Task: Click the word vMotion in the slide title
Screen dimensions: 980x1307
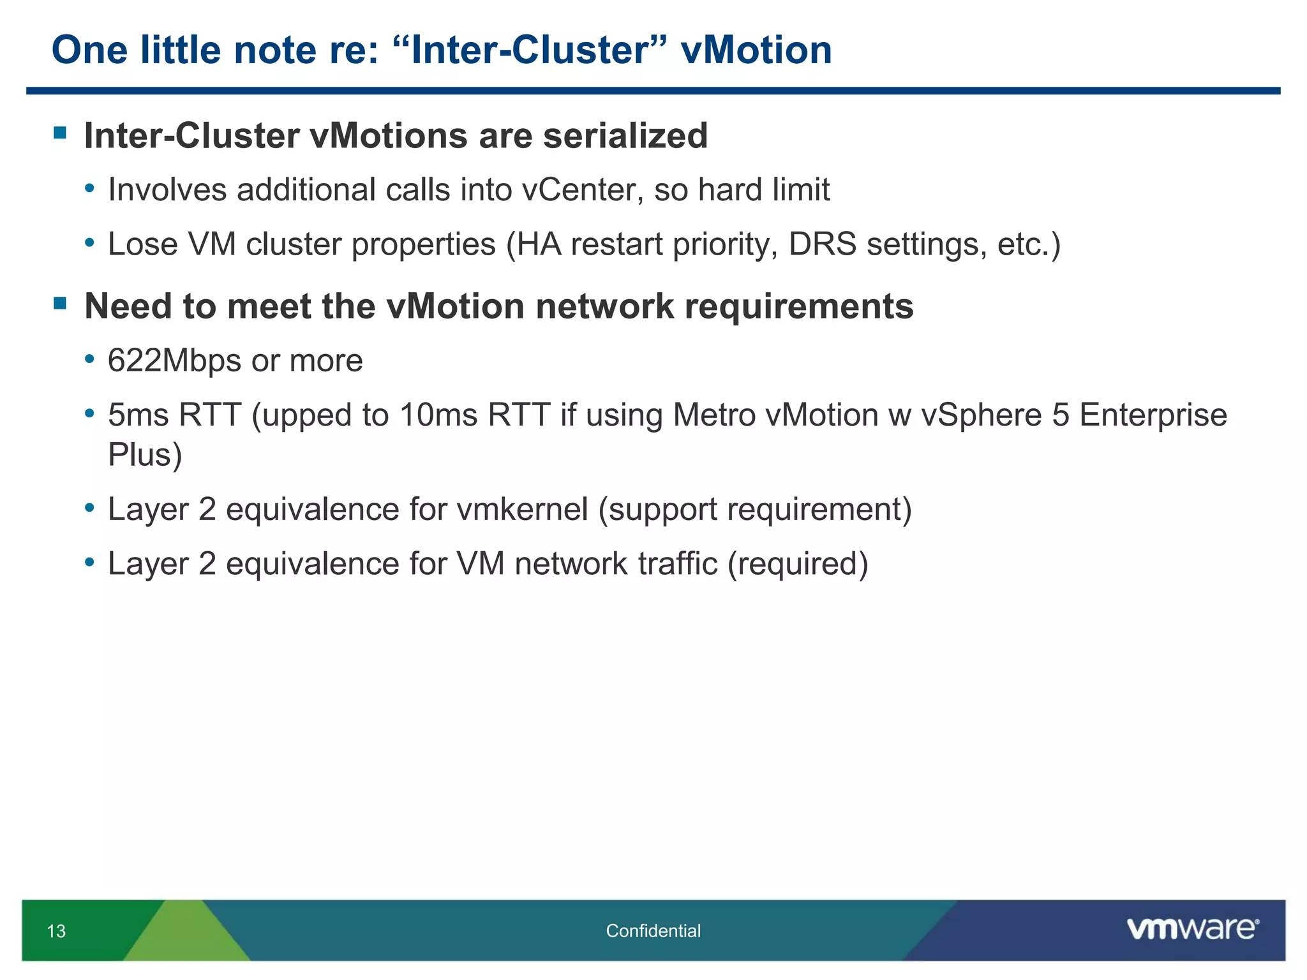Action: (x=756, y=50)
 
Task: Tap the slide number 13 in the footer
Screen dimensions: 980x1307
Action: (x=56, y=931)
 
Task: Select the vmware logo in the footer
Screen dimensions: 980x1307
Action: (x=1192, y=929)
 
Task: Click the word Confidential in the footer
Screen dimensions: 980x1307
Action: (x=653, y=931)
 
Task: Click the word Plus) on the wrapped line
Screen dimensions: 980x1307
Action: (x=145, y=456)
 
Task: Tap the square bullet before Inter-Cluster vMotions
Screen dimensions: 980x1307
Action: (x=61, y=133)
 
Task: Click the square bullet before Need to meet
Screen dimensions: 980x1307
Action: (x=61, y=303)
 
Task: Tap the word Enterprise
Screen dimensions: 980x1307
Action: (x=1153, y=415)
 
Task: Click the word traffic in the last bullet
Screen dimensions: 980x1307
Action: (x=678, y=564)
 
